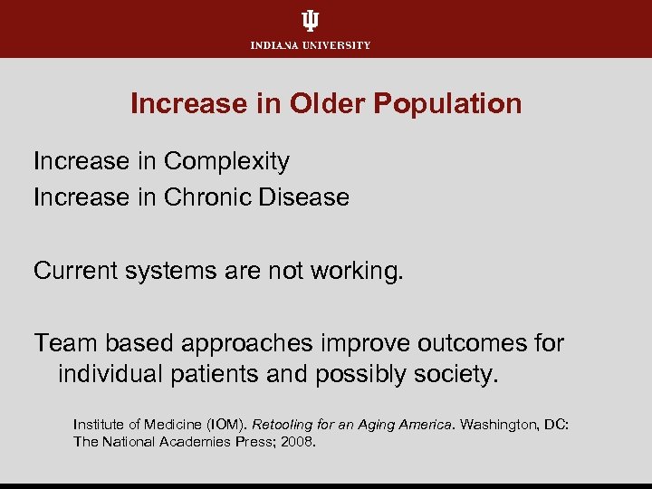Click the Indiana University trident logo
311,22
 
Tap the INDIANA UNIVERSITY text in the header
311,45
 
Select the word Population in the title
447,103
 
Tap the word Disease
306,197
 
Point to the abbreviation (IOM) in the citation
224,424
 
